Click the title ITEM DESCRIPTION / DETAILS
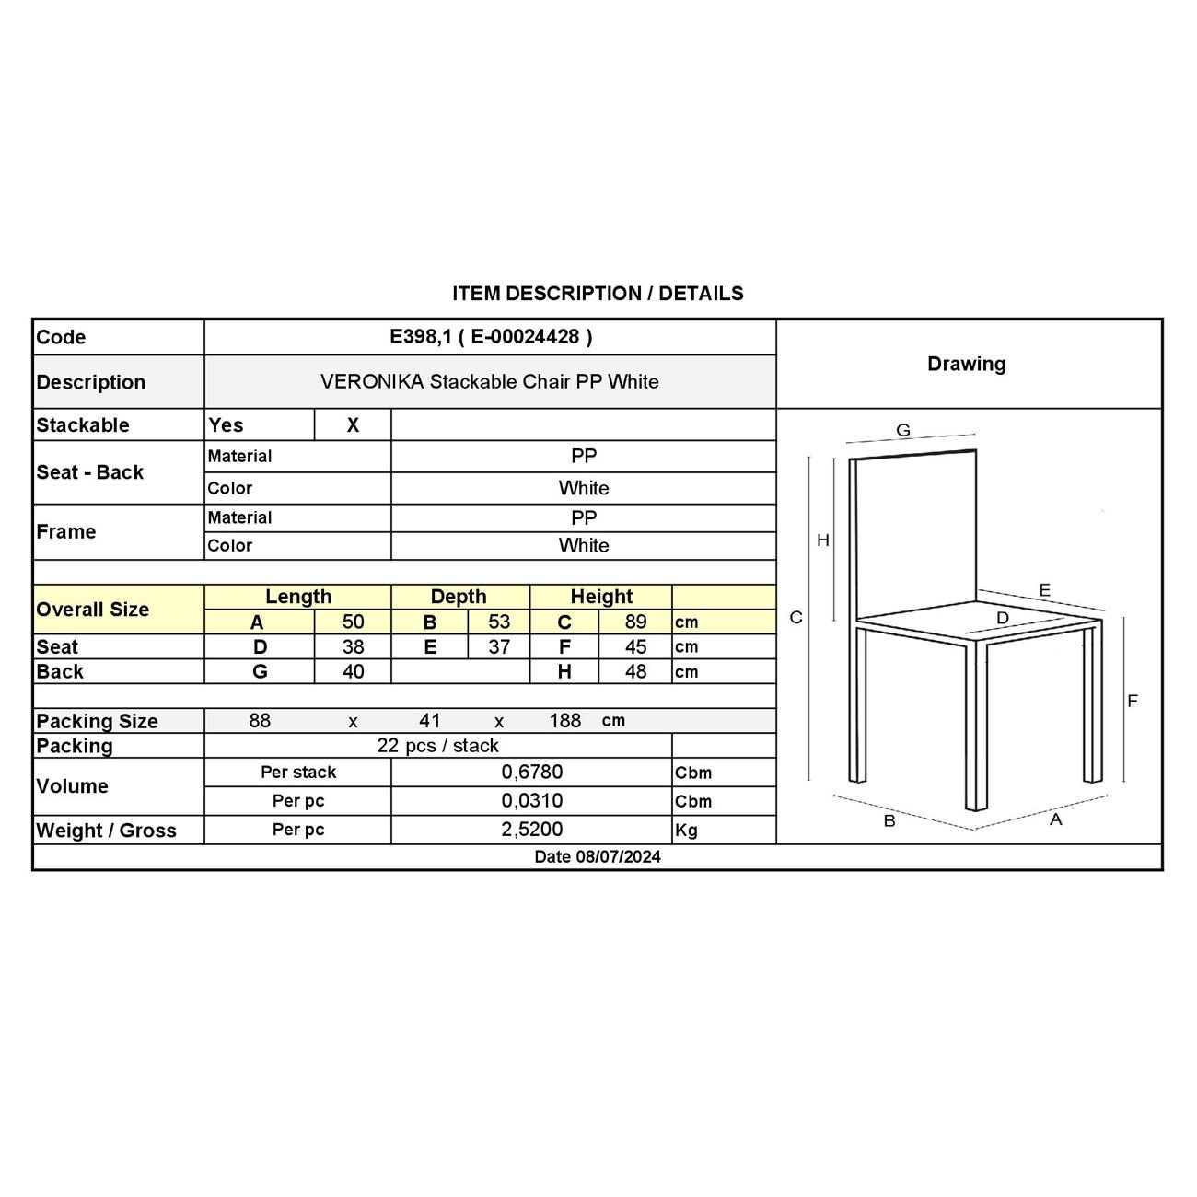point(598,294)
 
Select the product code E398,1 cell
point(491,337)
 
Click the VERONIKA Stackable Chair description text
point(489,382)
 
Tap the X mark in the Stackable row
point(353,425)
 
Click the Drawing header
point(966,364)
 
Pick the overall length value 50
point(353,622)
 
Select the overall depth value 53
point(498,622)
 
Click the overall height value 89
point(635,622)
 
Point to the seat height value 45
point(635,647)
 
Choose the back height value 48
point(635,672)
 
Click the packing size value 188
point(564,721)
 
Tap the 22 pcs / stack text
point(437,746)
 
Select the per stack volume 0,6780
point(531,773)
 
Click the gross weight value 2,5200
point(531,830)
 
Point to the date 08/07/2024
point(598,857)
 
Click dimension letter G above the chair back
point(903,430)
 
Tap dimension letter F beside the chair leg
point(1133,701)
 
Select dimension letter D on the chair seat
point(1003,618)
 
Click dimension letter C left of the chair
point(796,618)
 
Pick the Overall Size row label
point(92,610)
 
